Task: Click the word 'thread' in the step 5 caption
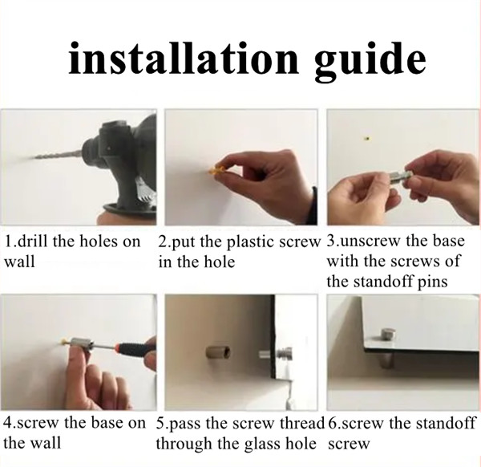(x=301, y=422)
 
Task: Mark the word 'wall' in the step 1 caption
(x=19, y=262)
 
